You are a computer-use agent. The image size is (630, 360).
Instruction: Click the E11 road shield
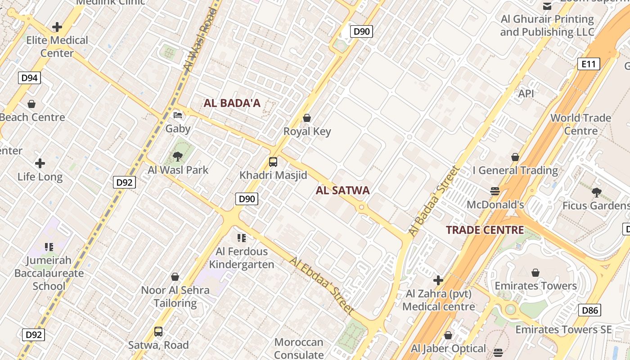click(x=589, y=64)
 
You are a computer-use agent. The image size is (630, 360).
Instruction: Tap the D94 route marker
click(x=30, y=78)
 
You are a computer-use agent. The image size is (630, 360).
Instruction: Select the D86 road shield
click(x=589, y=310)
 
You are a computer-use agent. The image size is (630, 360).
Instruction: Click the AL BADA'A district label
click(x=232, y=103)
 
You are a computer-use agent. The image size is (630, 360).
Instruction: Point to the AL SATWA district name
click(x=342, y=190)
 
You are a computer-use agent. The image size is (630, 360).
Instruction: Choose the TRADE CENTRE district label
click(x=485, y=230)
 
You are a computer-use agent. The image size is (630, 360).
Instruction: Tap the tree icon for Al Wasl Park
click(x=178, y=157)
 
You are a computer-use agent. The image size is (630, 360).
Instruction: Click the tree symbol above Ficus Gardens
click(x=597, y=193)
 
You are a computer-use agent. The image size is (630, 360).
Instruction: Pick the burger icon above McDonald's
click(x=495, y=191)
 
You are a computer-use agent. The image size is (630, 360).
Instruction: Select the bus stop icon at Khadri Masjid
click(x=273, y=162)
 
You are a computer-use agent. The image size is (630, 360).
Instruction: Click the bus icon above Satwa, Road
click(x=158, y=332)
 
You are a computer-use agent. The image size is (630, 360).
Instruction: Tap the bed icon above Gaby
click(x=178, y=115)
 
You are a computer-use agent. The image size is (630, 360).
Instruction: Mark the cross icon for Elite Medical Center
click(x=57, y=27)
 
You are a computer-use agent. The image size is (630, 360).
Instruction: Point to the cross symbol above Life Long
click(x=40, y=163)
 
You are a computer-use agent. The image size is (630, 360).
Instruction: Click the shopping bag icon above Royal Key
click(x=307, y=118)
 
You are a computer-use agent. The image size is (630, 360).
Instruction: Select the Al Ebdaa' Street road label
click(x=321, y=285)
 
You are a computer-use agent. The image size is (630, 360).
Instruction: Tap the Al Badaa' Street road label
click(x=435, y=201)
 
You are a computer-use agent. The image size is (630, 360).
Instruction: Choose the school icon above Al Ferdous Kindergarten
click(x=242, y=238)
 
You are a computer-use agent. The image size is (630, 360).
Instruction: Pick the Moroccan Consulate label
click(x=299, y=348)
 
